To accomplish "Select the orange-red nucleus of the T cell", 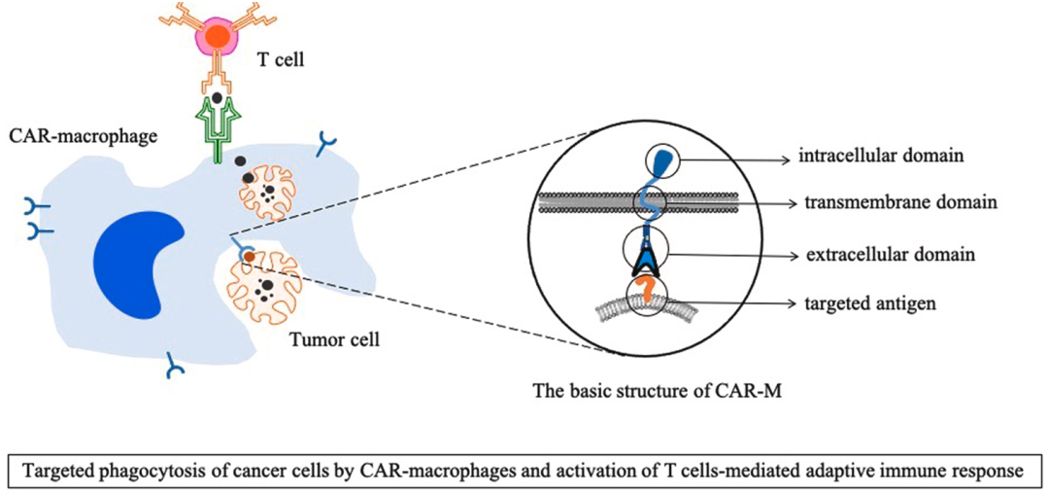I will pos(218,37).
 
